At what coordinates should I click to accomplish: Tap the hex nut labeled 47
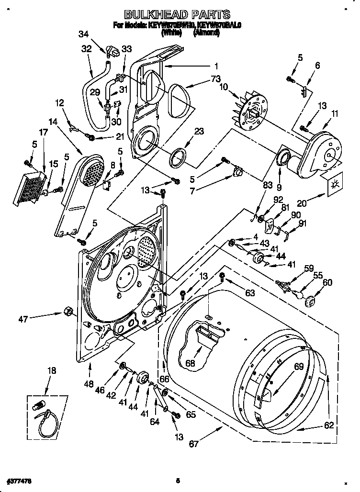tap(67, 313)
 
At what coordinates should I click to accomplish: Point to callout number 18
tap(52, 370)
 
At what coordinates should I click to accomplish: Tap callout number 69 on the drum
tap(298, 367)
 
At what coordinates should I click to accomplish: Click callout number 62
tap(328, 425)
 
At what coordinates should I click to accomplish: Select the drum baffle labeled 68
tap(202, 335)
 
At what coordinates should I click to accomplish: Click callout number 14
tap(52, 122)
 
